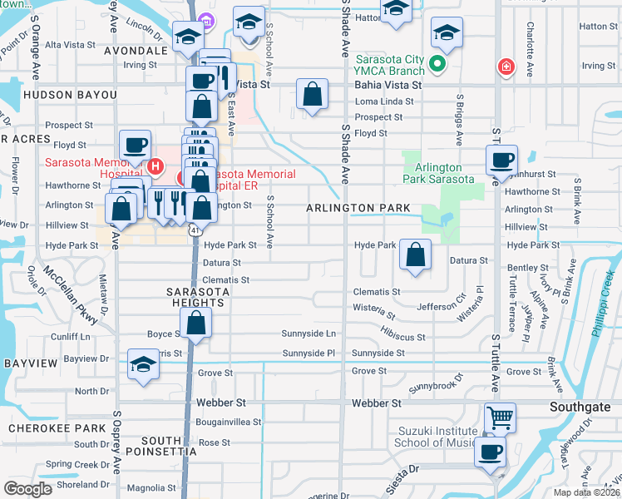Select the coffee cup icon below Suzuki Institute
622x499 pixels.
point(490,452)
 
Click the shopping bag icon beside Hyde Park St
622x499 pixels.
point(415,254)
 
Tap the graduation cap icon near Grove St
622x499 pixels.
point(143,364)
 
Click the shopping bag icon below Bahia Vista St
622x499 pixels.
point(312,95)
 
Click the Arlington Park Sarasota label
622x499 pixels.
point(438,173)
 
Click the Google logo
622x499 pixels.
point(28,489)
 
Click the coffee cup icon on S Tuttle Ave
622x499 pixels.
point(501,159)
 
